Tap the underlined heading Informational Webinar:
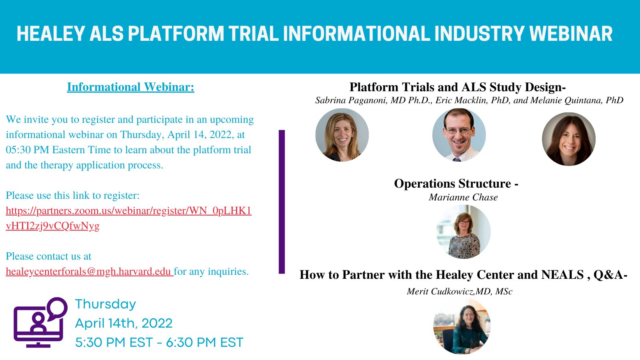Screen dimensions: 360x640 [x=130, y=87]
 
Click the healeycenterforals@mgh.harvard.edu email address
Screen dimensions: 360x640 [x=88, y=272]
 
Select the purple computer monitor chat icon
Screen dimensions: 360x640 [x=40, y=322]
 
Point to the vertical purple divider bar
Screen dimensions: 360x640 [x=282, y=202]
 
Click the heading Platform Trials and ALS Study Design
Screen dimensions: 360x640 [x=457, y=87]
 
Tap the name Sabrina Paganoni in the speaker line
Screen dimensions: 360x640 [x=351, y=100]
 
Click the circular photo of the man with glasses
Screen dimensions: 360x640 [x=459, y=135]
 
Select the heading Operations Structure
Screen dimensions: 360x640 [x=456, y=184]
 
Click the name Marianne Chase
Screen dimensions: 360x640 [x=463, y=197]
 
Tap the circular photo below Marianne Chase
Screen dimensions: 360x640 [x=463, y=232]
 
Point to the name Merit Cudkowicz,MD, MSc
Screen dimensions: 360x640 [x=459, y=292]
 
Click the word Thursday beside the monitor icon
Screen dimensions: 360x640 [x=106, y=304]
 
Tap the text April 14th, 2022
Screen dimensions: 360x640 [x=124, y=323]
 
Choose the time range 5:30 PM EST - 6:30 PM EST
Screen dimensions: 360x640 [x=159, y=342]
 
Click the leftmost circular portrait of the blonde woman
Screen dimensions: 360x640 [x=342, y=135]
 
